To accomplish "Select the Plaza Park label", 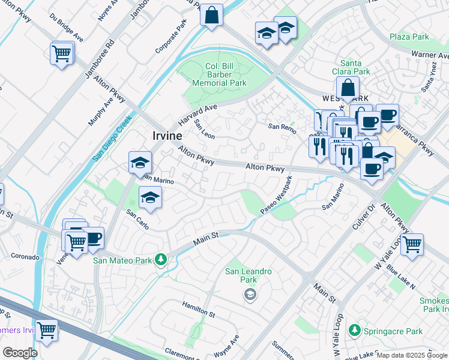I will click(409, 37).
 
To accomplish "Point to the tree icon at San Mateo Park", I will click(160, 260).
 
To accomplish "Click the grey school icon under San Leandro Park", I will click(249, 294).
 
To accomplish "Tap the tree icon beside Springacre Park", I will click(355, 331).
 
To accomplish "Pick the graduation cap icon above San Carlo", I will click(150, 197).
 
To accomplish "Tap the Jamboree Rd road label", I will click(99, 59).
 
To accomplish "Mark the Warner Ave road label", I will click(430, 55).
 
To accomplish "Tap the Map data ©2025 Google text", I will click(411, 355).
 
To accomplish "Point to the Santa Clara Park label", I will click(355, 67).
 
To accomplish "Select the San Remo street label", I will click(282, 127).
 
